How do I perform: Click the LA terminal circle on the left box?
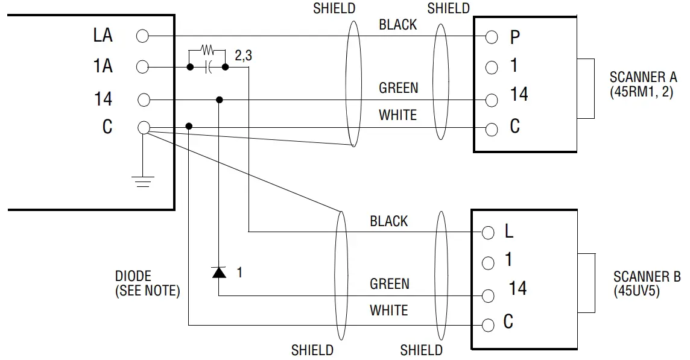(x=142, y=36)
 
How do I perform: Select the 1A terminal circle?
(x=142, y=67)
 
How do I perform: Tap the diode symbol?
(x=218, y=273)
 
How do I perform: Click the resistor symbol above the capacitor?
(x=207, y=48)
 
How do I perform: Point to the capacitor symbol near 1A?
(x=208, y=67)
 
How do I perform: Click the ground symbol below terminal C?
(x=143, y=180)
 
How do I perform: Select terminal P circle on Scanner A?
(x=492, y=37)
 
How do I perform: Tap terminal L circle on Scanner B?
(x=489, y=232)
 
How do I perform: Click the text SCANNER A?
(x=643, y=77)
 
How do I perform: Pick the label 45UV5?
(x=637, y=291)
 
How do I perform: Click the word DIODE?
(x=133, y=276)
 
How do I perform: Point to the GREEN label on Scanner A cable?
(x=398, y=88)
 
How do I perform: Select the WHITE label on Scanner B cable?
(x=388, y=311)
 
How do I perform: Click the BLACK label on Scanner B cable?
(x=388, y=221)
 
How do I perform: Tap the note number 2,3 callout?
(x=243, y=55)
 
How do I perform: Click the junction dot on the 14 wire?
(x=219, y=99)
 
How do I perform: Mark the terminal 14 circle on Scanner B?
(x=489, y=295)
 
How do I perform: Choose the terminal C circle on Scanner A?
(x=492, y=128)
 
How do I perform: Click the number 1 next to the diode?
(x=239, y=273)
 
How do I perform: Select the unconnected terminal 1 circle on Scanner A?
(x=492, y=67)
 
